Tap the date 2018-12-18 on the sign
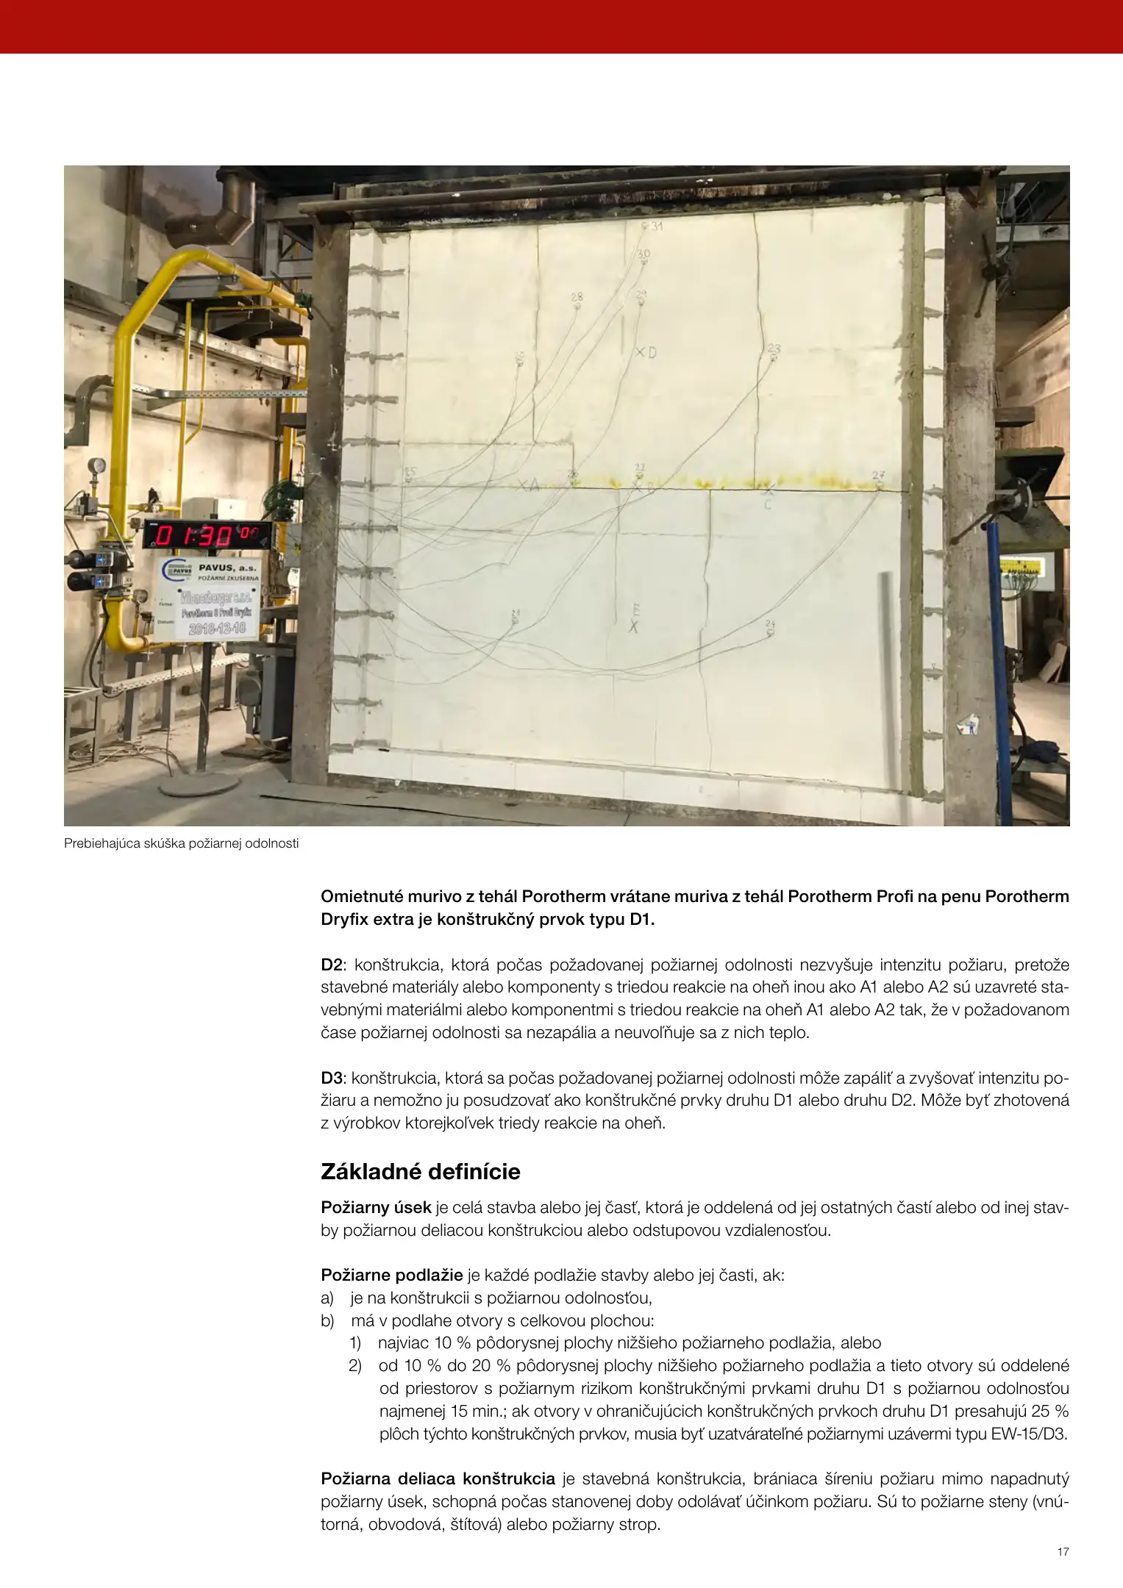217,628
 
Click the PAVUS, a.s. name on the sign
228,568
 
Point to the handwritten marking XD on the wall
646,353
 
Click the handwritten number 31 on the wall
656,226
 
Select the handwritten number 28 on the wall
577,297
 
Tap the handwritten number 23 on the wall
774,348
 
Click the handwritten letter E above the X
635,609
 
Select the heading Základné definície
420,1171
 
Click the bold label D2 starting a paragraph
331,965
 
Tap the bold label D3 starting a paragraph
331,1078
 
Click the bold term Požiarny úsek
376,1207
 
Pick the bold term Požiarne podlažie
391,1275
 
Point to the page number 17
1063,1552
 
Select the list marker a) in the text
327,1298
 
